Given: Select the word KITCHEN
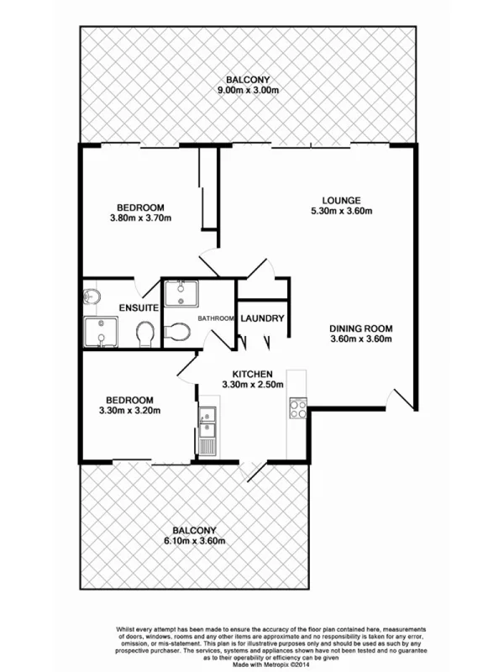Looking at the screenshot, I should tap(252, 374).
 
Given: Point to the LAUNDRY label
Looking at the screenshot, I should tap(263, 318).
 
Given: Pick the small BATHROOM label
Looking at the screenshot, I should tap(217, 318).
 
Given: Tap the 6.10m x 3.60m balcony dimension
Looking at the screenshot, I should tap(195, 542).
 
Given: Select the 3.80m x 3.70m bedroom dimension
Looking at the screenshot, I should tap(140, 219).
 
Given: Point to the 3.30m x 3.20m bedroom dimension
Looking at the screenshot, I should tap(129, 411).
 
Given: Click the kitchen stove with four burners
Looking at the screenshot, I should tap(297, 408).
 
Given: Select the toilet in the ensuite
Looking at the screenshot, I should tap(144, 333).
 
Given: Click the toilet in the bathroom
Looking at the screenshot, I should tap(177, 332).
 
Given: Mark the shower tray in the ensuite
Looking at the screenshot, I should tap(100, 333).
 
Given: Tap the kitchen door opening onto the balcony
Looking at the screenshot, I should tap(252, 472).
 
